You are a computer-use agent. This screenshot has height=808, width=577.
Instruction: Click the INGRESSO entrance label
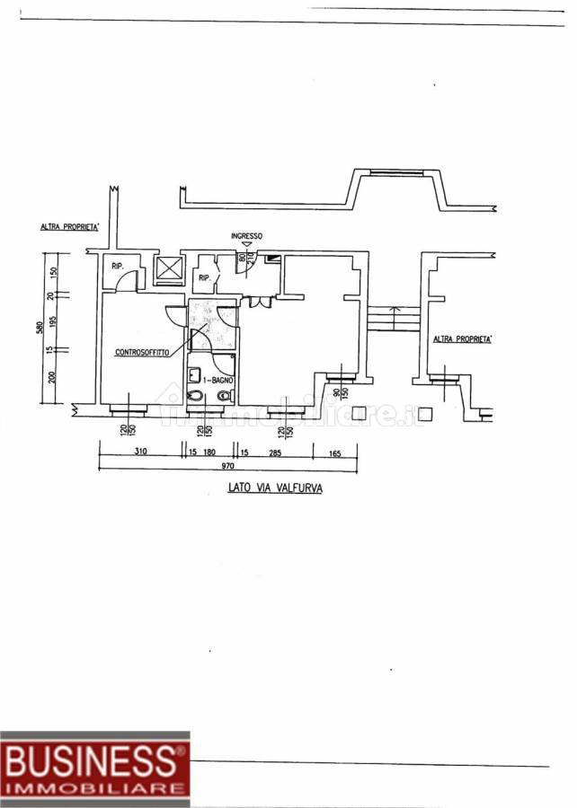pyautogui.click(x=247, y=236)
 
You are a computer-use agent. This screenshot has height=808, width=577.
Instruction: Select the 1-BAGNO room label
pyautogui.click(x=218, y=381)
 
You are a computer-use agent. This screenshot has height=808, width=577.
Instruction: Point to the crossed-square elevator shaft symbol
pyautogui.click(x=168, y=270)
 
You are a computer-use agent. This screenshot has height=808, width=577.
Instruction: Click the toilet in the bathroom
pyautogui.click(x=195, y=396)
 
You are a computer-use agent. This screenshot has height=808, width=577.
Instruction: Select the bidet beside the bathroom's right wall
pyautogui.click(x=225, y=395)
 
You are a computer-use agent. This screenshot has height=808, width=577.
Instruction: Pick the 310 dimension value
pyautogui.click(x=140, y=452)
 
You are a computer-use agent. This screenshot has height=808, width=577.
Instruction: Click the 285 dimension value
pyautogui.click(x=275, y=452)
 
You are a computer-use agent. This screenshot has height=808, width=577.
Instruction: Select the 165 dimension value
pyautogui.click(x=335, y=452)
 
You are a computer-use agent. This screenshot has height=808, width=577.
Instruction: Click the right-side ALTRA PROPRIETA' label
pyautogui.click(x=463, y=339)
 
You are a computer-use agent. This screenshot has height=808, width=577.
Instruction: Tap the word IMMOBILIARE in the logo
pyautogui.click(x=94, y=787)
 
